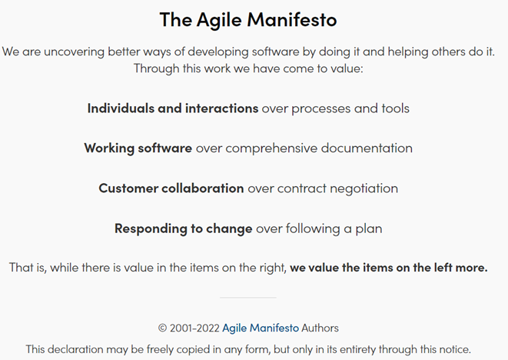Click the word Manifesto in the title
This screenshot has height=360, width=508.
(292, 19)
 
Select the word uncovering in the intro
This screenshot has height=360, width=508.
(74, 52)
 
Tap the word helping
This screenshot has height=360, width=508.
(408, 52)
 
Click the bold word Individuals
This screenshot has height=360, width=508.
(121, 108)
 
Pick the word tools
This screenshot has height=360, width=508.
(396, 108)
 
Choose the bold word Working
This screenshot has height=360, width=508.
(109, 148)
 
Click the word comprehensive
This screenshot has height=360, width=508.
(271, 148)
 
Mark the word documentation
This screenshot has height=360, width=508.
(367, 148)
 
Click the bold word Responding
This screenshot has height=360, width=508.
(151, 229)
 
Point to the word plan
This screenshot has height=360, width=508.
(369, 229)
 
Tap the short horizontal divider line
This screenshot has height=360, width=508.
(247, 297)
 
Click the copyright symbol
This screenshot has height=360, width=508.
(162, 328)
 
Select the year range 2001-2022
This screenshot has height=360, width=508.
(194, 328)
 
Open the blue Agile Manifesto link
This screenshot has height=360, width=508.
(261, 328)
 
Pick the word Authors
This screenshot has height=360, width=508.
(320, 328)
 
